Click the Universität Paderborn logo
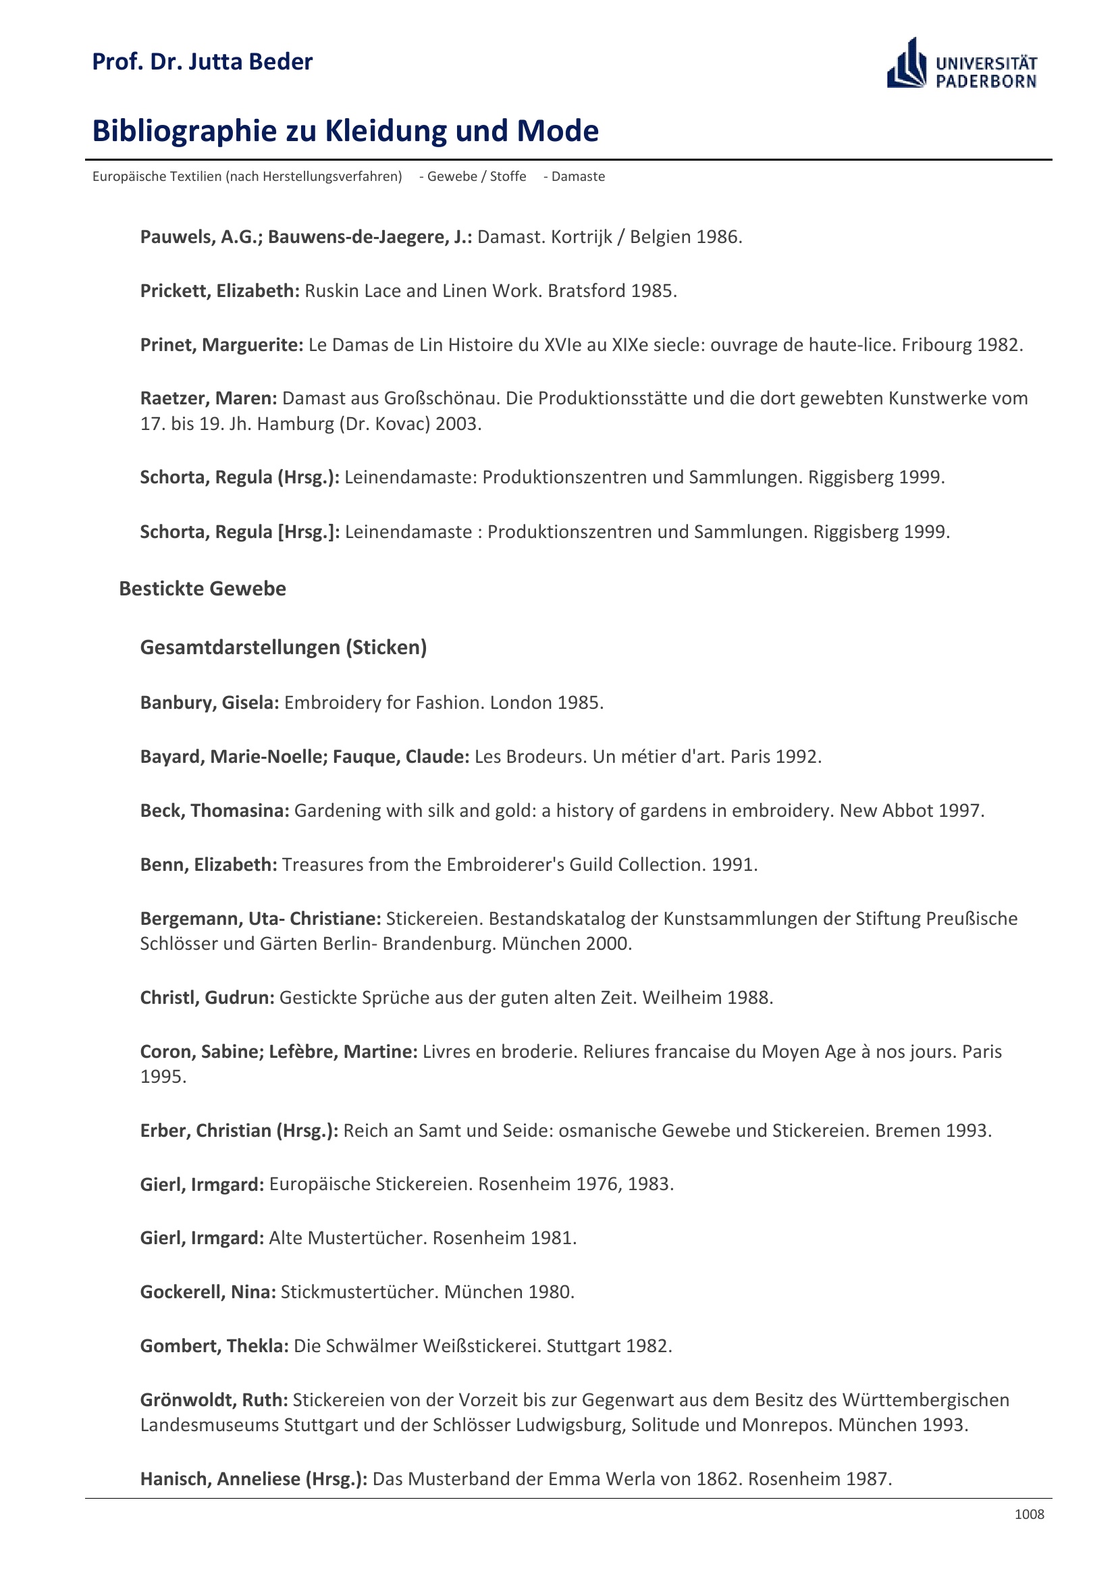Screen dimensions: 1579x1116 961,64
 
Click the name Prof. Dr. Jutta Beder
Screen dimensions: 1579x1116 202,62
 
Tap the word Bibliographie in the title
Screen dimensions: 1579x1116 184,131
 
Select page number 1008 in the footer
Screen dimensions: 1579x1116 1029,1514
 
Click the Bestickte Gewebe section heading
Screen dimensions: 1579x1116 202,589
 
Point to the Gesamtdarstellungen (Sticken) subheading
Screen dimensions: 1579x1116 284,647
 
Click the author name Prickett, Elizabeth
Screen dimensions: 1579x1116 219,291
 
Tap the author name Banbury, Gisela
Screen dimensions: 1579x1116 209,702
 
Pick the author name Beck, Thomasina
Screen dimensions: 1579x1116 215,810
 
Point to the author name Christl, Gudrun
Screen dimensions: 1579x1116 207,997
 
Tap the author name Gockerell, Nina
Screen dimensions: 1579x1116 208,1291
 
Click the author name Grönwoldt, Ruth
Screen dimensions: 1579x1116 214,1399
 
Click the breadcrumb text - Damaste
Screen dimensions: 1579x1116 574,177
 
